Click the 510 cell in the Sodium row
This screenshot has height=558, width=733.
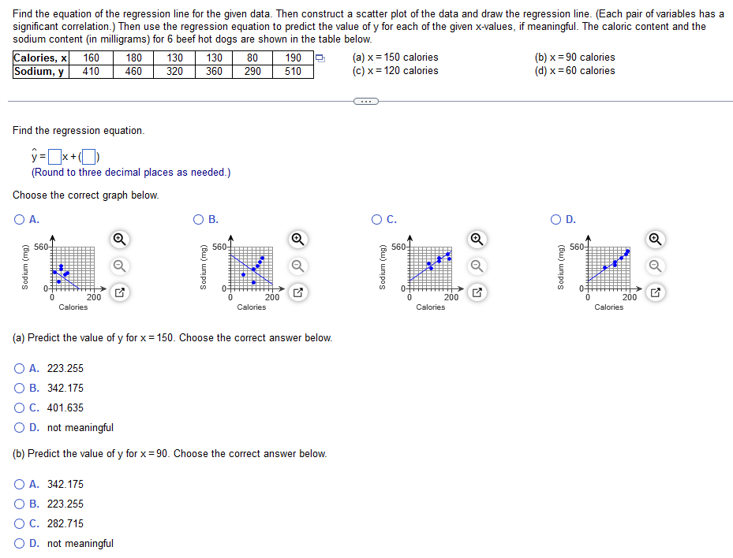pos(293,71)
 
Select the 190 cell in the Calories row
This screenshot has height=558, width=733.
pos(293,58)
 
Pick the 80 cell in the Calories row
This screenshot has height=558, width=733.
pos(252,58)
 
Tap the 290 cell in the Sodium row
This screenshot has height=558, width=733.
pos(252,71)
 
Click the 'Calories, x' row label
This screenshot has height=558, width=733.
pos(40,58)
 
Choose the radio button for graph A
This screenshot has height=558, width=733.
pos(19,220)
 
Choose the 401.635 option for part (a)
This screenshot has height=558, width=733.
pos(20,407)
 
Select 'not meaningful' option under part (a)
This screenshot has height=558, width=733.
pos(20,427)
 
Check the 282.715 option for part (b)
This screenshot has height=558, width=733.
pos(20,523)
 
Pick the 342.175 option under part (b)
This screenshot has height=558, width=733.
pos(20,484)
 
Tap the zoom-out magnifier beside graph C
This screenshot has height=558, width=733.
pos(477,266)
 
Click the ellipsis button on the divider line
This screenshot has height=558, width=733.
pos(366,101)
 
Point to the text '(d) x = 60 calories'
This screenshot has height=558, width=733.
pos(574,71)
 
